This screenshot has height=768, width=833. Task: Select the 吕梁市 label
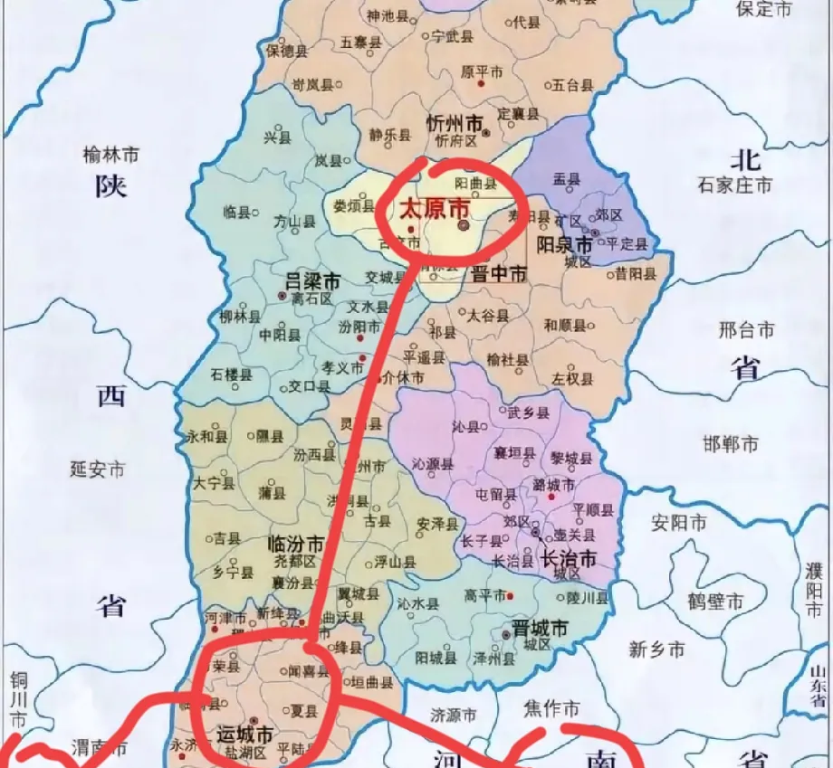312,281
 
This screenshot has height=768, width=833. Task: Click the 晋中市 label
498,274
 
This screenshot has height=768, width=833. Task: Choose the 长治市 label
568,558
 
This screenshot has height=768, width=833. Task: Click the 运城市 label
244,733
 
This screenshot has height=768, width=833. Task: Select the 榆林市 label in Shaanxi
110,156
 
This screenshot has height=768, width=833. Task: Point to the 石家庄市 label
734,185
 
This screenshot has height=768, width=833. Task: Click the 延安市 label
98,469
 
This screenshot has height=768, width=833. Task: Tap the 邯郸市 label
731,444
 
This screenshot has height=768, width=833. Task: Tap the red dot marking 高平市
511,595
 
